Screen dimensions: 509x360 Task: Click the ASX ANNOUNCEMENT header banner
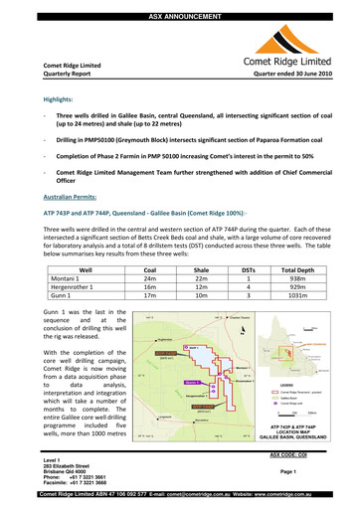tap(180, 5)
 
